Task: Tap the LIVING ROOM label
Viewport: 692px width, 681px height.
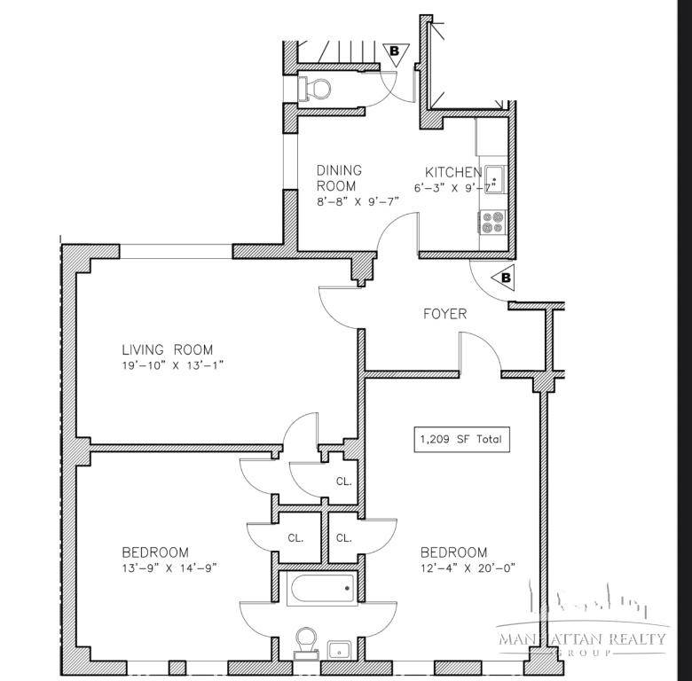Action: click(x=168, y=349)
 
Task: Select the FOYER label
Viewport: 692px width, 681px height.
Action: click(x=444, y=314)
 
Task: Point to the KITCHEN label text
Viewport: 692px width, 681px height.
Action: click(x=453, y=172)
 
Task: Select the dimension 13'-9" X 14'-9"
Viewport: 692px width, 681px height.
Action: click(x=169, y=567)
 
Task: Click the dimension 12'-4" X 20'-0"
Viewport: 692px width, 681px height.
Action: click(x=467, y=567)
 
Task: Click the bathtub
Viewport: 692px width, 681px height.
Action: click(x=321, y=587)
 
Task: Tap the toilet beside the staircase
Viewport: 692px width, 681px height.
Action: click(x=314, y=88)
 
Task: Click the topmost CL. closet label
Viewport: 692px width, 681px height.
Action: click(x=343, y=482)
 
